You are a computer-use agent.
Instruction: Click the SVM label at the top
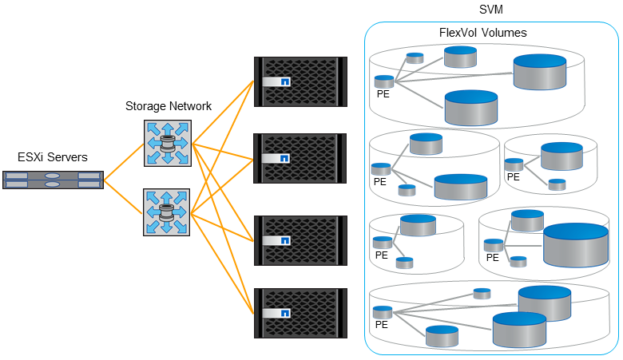pyautogui.click(x=490, y=9)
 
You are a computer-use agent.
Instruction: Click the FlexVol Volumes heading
pyautogui.click(x=482, y=33)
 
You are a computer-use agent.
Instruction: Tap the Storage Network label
pyautogui.click(x=169, y=106)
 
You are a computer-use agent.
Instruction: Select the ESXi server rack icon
pyautogui.click(x=53, y=180)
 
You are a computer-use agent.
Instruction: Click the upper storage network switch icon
pyautogui.click(x=168, y=143)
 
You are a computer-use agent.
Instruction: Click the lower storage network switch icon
pyautogui.click(x=167, y=212)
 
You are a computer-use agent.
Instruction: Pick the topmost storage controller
pyautogui.click(x=300, y=81)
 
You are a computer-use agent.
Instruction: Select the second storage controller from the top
pyautogui.click(x=300, y=159)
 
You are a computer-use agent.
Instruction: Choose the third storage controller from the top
pyautogui.click(x=300, y=239)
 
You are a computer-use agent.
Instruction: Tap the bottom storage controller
pyautogui.click(x=300, y=312)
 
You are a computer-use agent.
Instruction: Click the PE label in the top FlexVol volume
pyautogui.click(x=383, y=94)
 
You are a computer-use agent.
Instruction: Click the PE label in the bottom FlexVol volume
pyautogui.click(x=382, y=325)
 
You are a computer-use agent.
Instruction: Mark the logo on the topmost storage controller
pyautogui.click(x=284, y=81)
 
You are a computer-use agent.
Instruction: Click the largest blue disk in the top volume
pyautogui.click(x=540, y=72)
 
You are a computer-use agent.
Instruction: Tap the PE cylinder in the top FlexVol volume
pyautogui.click(x=384, y=81)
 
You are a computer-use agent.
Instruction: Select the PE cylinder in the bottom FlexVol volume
pyautogui.click(x=383, y=311)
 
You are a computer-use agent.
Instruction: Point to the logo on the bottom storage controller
pyautogui.click(x=284, y=313)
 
